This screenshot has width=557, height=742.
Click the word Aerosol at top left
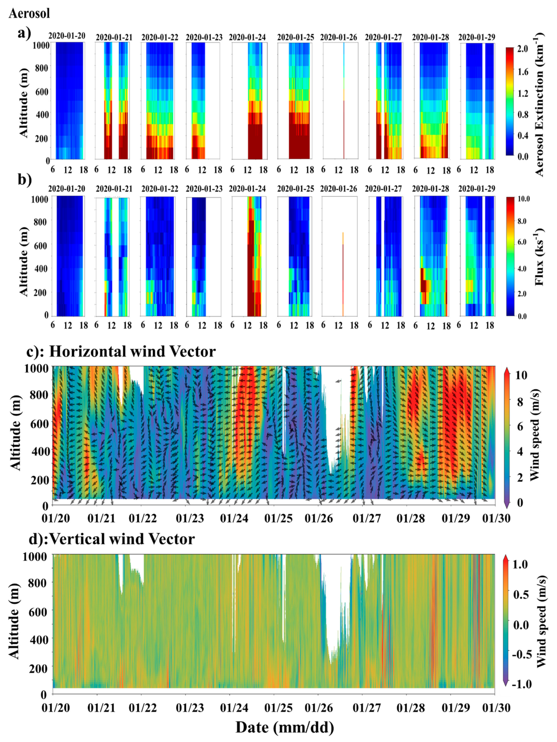tap(30, 13)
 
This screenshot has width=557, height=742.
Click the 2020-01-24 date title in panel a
tap(248, 37)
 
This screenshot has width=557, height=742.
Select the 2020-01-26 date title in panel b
tap(338, 189)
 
